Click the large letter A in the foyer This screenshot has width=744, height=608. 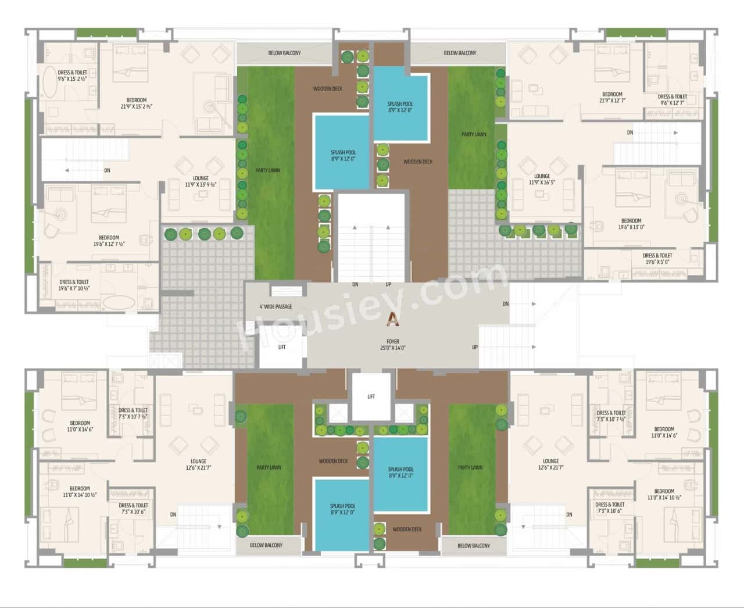(x=394, y=319)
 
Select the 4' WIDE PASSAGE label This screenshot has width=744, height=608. (x=276, y=306)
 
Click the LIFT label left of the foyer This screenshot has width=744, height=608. (x=282, y=347)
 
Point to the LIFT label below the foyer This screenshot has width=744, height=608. (x=371, y=396)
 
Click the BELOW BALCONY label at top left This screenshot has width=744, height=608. (x=284, y=53)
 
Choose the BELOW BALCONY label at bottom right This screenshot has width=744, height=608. (x=473, y=546)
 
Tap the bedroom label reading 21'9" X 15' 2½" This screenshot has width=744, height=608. (x=136, y=103)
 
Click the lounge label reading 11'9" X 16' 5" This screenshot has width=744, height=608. (x=542, y=179)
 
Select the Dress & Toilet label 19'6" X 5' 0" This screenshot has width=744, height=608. (x=657, y=259)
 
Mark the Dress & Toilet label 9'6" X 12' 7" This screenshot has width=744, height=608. (x=672, y=100)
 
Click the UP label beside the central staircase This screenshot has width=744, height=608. (x=388, y=284)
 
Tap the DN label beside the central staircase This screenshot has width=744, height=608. (x=355, y=284)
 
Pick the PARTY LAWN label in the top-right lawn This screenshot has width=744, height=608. (x=474, y=134)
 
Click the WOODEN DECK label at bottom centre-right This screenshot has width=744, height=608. (x=407, y=529)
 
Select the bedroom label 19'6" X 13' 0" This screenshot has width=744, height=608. (x=631, y=224)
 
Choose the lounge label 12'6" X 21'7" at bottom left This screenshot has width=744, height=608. (x=198, y=465)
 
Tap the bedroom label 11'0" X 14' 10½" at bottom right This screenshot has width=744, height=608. (x=664, y=494)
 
